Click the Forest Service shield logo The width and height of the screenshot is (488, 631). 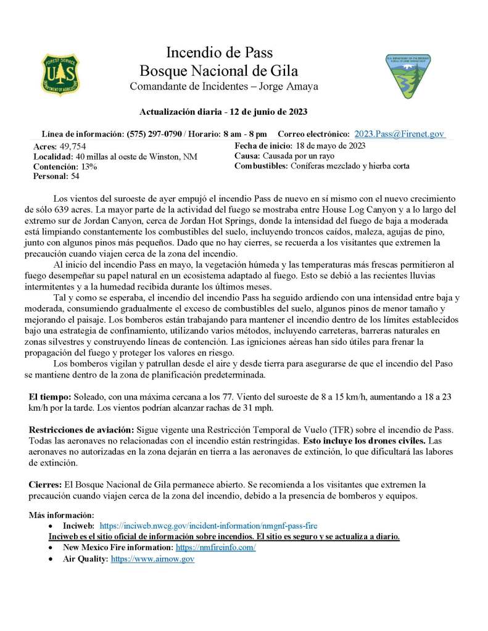pyautogui.click(x=60, y=75)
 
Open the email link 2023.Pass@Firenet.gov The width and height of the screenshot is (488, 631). pyautogui.click(x=399, y=134)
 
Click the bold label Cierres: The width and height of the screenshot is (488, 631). pyautogui.click(x=44, y=484)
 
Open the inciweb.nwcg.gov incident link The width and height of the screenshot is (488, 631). pyautogui.click(x=208, y=526)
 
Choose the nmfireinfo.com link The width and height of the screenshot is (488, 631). pyautogui.click(x=215, y=548)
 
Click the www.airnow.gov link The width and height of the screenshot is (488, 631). pyautogui.click(x=152, y=559)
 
